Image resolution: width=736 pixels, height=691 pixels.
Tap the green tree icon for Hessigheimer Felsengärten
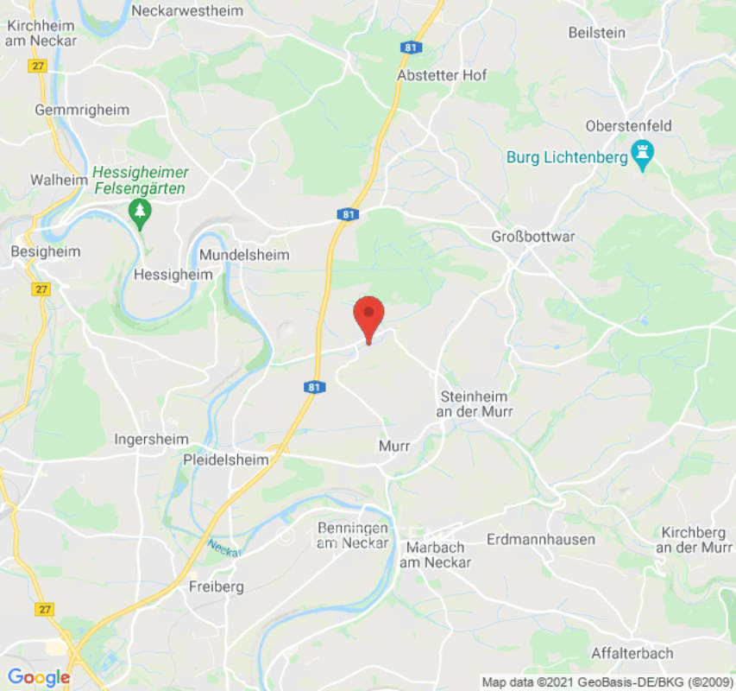(139, 210)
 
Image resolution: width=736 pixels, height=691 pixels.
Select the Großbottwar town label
(532, 237)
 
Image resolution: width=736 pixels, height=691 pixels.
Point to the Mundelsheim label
(244, 256)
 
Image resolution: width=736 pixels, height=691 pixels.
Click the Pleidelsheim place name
(226, 460)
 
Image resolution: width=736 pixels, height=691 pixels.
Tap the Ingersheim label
(151, 440)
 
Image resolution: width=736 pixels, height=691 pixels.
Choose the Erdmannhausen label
(541, 539)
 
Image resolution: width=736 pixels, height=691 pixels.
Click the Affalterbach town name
(632, 653)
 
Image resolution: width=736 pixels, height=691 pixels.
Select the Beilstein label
(596, 32)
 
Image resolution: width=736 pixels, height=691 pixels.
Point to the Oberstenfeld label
(628, 126)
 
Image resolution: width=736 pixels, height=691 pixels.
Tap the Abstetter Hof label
(442, 75)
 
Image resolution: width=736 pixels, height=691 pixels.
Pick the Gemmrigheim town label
(82, 110)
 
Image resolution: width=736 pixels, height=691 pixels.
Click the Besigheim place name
(46, 251)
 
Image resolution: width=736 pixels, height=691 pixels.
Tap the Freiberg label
(216, 586)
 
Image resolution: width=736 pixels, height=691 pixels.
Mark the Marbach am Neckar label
(436, 555)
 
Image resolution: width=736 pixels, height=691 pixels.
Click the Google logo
(39, 677)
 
